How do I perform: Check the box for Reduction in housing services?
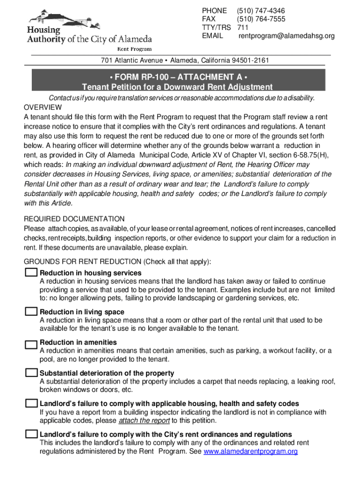click(31, 272)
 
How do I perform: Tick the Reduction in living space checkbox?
click(31, 312)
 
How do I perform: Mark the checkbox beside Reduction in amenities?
click(31, 344)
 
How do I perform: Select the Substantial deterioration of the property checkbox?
click(31, 373)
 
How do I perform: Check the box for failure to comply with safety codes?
click(31, 403)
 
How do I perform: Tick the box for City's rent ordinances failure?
click(31, 434)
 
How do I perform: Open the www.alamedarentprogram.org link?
click(251, 451)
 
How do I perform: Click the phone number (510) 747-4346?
click(261, 11)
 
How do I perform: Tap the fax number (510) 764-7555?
click(261, 19)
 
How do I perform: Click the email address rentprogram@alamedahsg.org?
click(286, 36)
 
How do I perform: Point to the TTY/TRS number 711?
click(242, 28)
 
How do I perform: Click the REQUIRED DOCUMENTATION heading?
click(74, 219)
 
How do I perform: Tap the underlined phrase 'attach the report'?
click(144, 420)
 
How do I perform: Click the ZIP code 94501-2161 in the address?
click(250, 60)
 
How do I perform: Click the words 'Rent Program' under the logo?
click(134, 48)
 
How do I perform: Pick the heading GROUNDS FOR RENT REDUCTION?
click(83, 261)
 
